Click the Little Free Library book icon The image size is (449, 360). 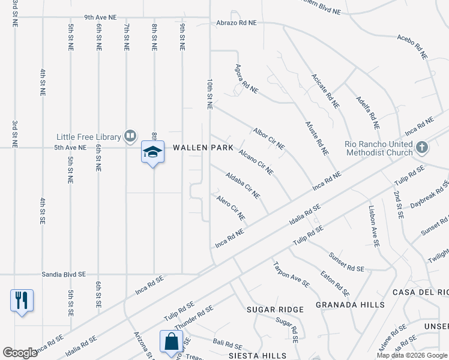(x=130, y=136)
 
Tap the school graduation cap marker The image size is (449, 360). (x=152, y=152)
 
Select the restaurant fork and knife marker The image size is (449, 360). (x=22, y=299)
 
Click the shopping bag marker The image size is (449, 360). (x=171, y=341)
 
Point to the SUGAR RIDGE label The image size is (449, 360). (x=276, y=309)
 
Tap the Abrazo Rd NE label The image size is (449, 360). (x=237, y=23)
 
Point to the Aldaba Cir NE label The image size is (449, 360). (x=243, y=185)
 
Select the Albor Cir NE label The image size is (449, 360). (x=268, y=139)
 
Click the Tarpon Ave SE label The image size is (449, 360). (x=291, y=274)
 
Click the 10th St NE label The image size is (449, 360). (x=209, y=93)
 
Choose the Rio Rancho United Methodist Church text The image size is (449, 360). (x=379, y=148)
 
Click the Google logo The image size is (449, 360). (x=20, y=353)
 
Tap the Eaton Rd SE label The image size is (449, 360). (x=335, y=283)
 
